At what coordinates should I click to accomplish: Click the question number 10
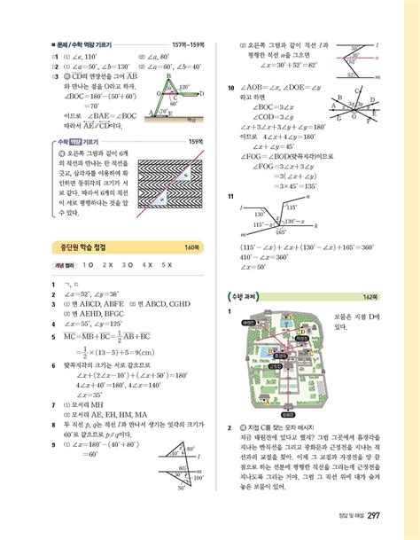click(x=230, y=88)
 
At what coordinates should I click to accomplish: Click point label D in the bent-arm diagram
click(x=201, y=93)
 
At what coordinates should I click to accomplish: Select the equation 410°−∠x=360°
click(x=272, y=256)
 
